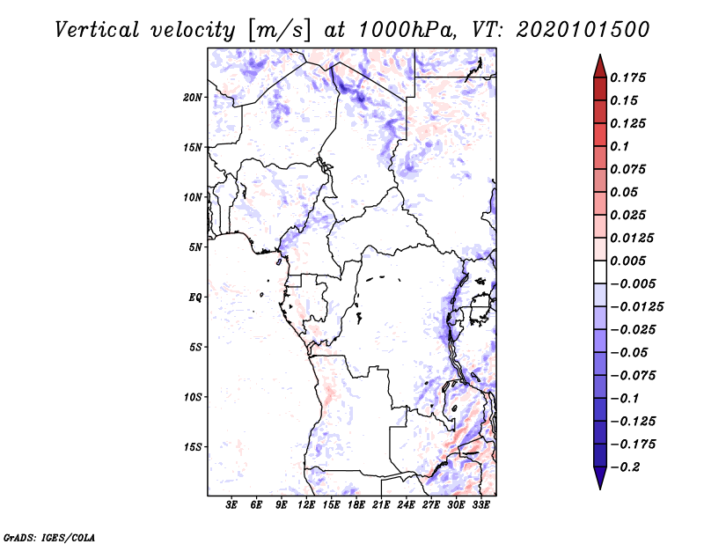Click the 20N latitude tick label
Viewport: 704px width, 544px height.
click(x=193, y=97)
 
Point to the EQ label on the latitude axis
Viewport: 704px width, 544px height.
click(x=195, y=298)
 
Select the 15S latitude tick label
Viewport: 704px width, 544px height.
click(x=193, y=447)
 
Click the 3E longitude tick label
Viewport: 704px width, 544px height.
click(x=232, y=505)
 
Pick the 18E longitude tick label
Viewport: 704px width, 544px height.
click(x=356, y=505)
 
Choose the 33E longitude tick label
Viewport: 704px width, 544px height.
click(x=480, y=505)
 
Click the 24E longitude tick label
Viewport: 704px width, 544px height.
click(x=406, y=505)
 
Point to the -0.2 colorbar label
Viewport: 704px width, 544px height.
click(x=627, y=467)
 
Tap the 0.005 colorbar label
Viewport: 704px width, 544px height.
click(x=631, y=261)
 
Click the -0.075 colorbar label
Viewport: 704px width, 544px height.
click(x=634, y=375)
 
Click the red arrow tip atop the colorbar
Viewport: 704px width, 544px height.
click(x=599, y=62)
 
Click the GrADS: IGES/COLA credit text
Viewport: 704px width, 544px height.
click(x=37, y=535)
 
